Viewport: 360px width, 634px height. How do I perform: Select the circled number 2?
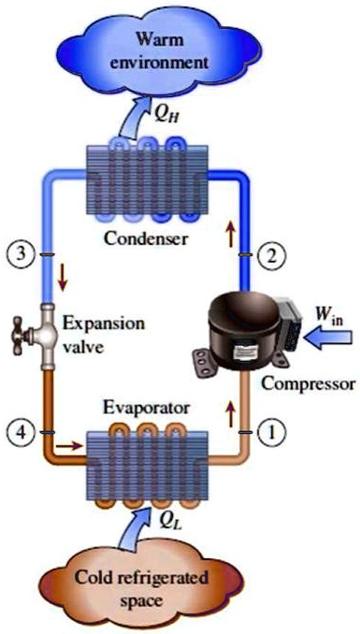click(270, 253)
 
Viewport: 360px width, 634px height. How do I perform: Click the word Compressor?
click(309, 383)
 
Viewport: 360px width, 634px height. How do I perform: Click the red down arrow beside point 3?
click(62, 278)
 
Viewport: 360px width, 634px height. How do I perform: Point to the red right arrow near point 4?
click(66, 446)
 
